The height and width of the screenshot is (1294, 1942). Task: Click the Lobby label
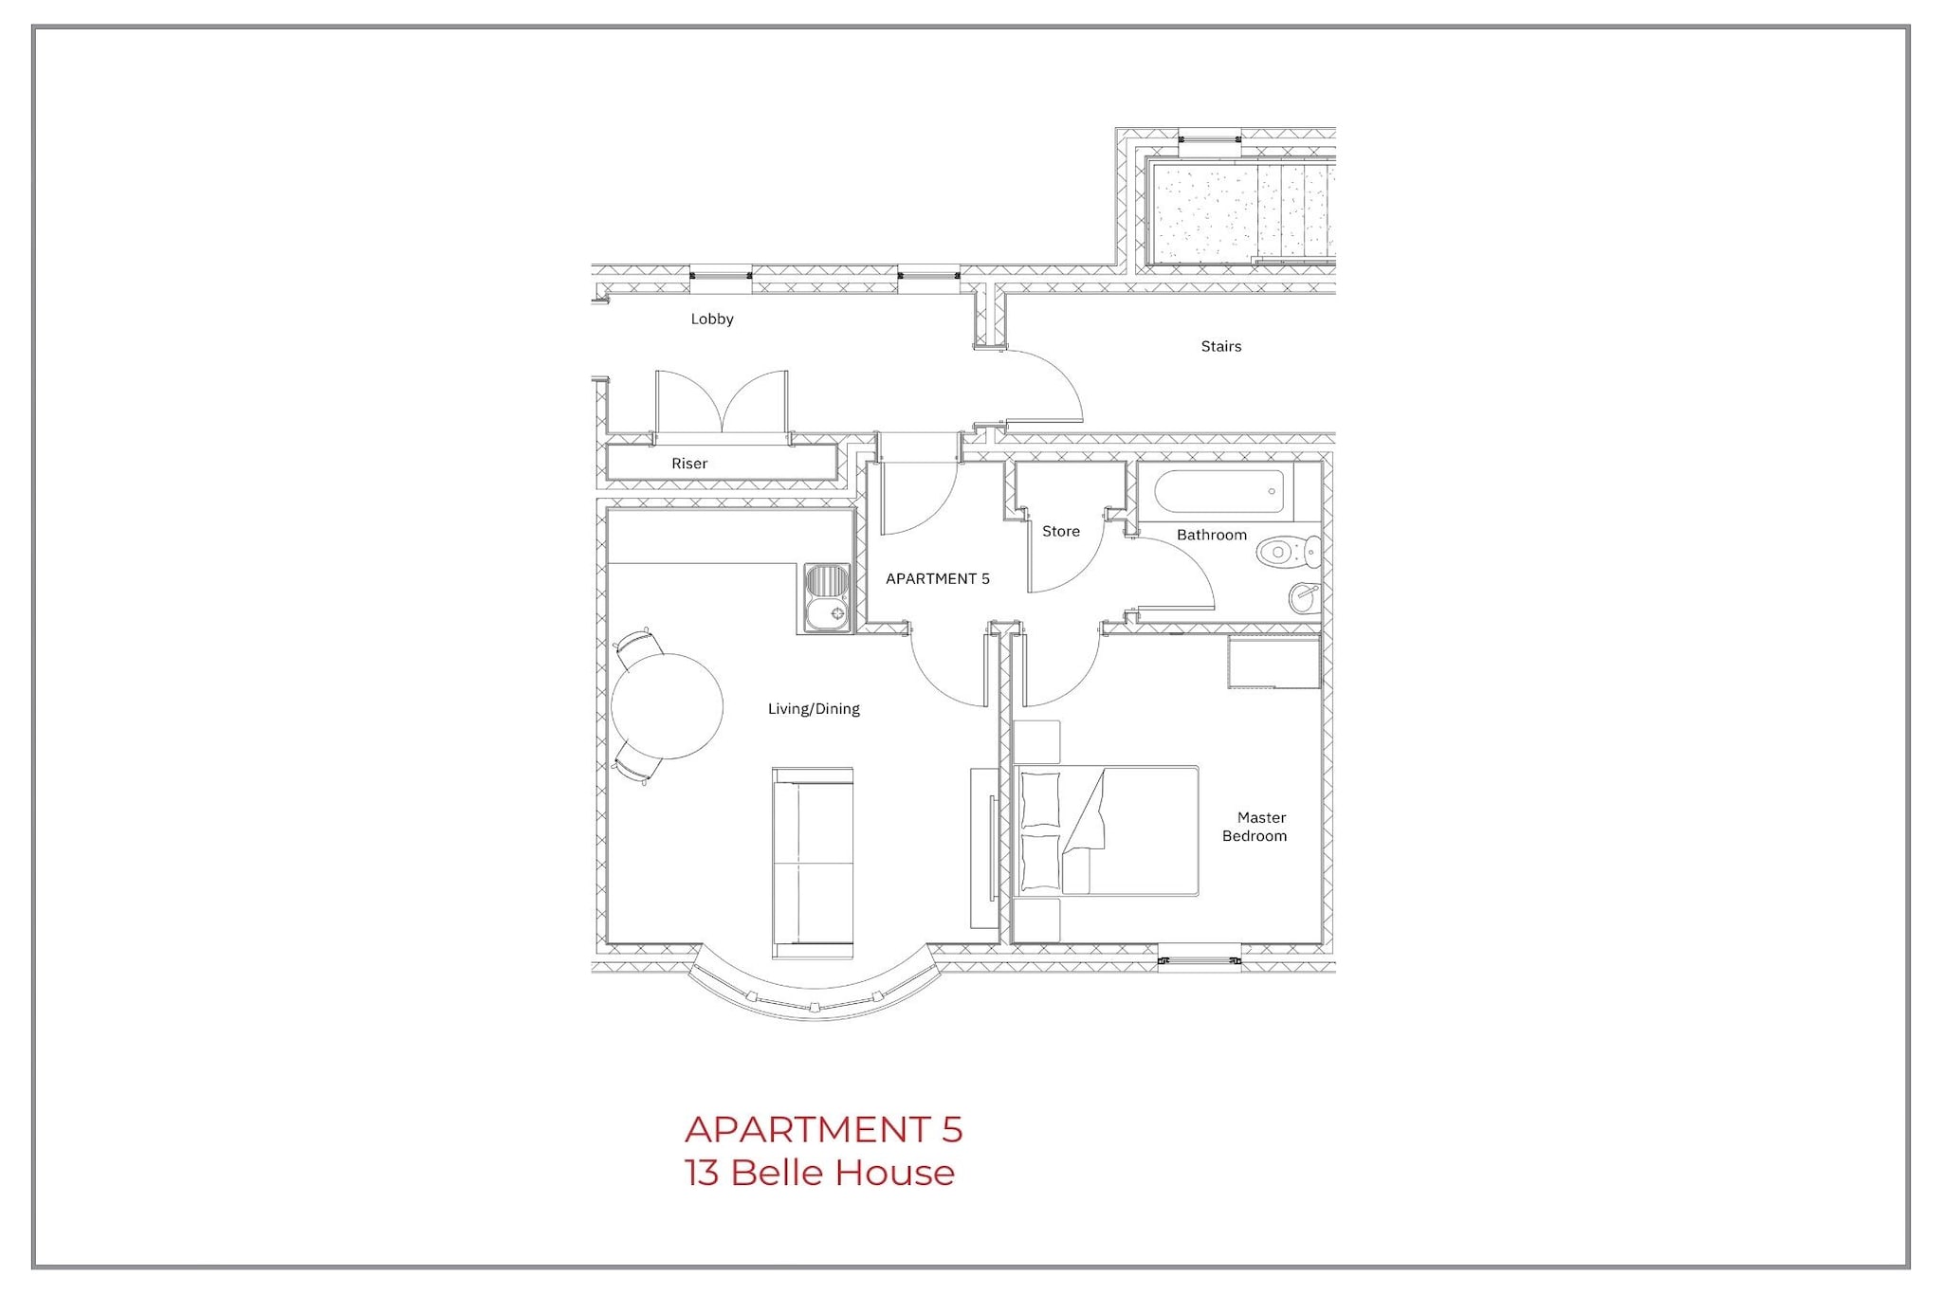[x=712, y=319]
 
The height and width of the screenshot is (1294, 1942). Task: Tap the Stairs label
[x=1221, y=347]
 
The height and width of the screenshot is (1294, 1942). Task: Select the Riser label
[x=689, y=464]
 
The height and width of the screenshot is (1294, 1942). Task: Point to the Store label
[x=1061, y=532]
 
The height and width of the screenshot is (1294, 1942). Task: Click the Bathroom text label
[x=1212, y=536]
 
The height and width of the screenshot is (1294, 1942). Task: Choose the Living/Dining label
[x=814, y=709]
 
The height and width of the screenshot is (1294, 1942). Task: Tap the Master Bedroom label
[x=1255, y=827]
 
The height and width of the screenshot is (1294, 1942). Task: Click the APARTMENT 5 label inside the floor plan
[x=938, y=579]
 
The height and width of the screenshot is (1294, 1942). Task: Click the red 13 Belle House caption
[x=820, y=1174]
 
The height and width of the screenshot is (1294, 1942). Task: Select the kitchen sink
[x=828, y=598]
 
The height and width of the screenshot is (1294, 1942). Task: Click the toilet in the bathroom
[x=1289, y=552]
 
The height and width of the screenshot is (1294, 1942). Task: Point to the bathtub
[x=1219, y=492]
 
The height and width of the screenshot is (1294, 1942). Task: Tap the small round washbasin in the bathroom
[x=1305, y=597]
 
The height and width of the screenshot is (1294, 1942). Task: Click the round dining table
[x=667, y=706]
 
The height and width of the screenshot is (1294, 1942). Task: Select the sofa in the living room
[x=813, y=862]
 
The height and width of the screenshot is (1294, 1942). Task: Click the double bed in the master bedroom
[x=1106, y=831]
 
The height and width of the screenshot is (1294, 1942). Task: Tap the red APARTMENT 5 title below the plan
[x=823, y=1129]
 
